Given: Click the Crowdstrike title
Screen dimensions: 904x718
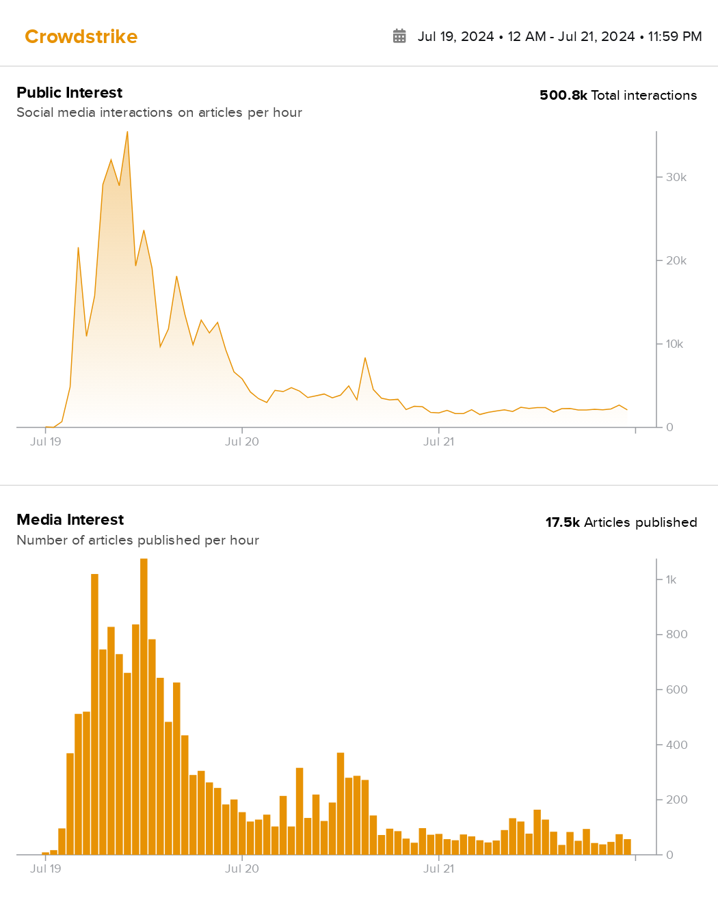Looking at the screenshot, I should point(81,36).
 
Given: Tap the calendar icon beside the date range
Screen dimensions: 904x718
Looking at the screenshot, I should point(399,36).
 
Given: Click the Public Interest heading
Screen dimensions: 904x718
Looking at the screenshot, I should point(69,92).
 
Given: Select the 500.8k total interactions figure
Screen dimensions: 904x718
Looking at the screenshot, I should point(563,95).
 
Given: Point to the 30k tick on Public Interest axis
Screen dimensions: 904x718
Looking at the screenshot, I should point(676,177).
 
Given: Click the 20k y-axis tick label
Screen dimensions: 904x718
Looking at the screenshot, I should point(676,260).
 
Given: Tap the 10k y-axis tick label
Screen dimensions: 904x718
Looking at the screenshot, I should point(674,344).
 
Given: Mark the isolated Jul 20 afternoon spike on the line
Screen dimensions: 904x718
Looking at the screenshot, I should point(365,358).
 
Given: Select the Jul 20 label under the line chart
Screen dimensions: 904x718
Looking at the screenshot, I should point(242,441).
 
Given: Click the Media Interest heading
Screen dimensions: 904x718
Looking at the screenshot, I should point(70,519).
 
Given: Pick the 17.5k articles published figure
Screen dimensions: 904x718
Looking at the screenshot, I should point(562,522).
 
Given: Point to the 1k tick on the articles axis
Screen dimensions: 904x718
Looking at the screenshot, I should point(671,579).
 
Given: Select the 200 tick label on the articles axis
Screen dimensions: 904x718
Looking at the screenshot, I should point(676,799).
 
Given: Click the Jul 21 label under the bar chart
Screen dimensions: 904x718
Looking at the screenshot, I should point(438,868).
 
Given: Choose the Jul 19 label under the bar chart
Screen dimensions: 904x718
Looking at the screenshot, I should point(46,868).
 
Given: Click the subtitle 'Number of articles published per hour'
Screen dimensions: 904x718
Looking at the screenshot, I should point(137,540).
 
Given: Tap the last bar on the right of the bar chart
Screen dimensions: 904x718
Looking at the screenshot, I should point(627,847).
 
